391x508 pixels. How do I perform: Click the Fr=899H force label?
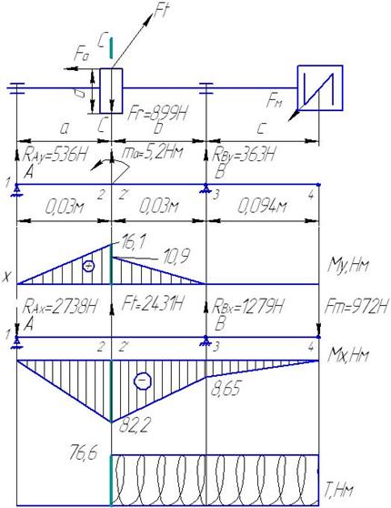pyautogui.click(x=158, y=114)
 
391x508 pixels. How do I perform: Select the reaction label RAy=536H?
pyautogui.click(x=55, y=156)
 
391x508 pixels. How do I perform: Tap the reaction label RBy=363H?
pyautogui.click(x=243, y=155)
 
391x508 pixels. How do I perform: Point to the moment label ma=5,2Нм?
pyautogui.click(x=152, y=152)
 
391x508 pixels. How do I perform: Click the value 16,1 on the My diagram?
pyautogui.click(x=130, y=241)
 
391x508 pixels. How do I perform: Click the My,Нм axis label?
pyautogui.click(x=348, y=266)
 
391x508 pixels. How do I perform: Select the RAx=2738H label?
pyautogui.click(x=59, y=306)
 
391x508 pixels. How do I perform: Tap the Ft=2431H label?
pyautogui.click(x=153, y=304)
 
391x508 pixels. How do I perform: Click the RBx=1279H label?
pyautogui.click(x=247, y=306)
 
